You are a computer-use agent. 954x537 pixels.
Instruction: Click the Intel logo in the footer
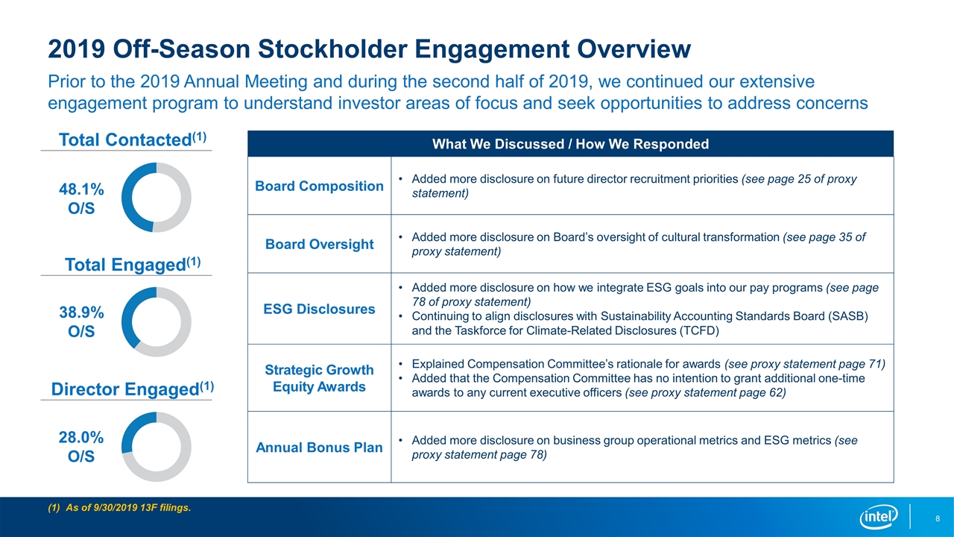[878, 517]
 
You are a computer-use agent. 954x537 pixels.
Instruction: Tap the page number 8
[938, 518]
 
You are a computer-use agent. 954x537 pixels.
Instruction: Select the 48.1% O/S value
[81, 198]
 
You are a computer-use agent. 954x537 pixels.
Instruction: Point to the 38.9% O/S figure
[81, 321]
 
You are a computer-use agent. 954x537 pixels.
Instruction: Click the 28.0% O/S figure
[81, 447]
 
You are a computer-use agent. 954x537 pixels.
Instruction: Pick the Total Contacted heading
[133, 139]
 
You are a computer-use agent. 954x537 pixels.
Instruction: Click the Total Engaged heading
[133, 264]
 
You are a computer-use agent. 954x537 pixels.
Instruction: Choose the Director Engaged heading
[133, 389]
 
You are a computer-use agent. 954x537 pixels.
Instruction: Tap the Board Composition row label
[319, 186]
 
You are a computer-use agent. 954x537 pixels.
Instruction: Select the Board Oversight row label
[319, 244]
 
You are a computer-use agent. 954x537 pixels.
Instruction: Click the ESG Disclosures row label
[319, 309]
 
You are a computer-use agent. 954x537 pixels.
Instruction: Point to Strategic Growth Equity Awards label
[319, 378]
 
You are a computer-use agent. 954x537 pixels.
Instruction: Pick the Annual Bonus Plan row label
[319, 447]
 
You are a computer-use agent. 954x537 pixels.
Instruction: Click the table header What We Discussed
[570, 144]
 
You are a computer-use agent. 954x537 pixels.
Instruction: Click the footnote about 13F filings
[119, 508]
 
